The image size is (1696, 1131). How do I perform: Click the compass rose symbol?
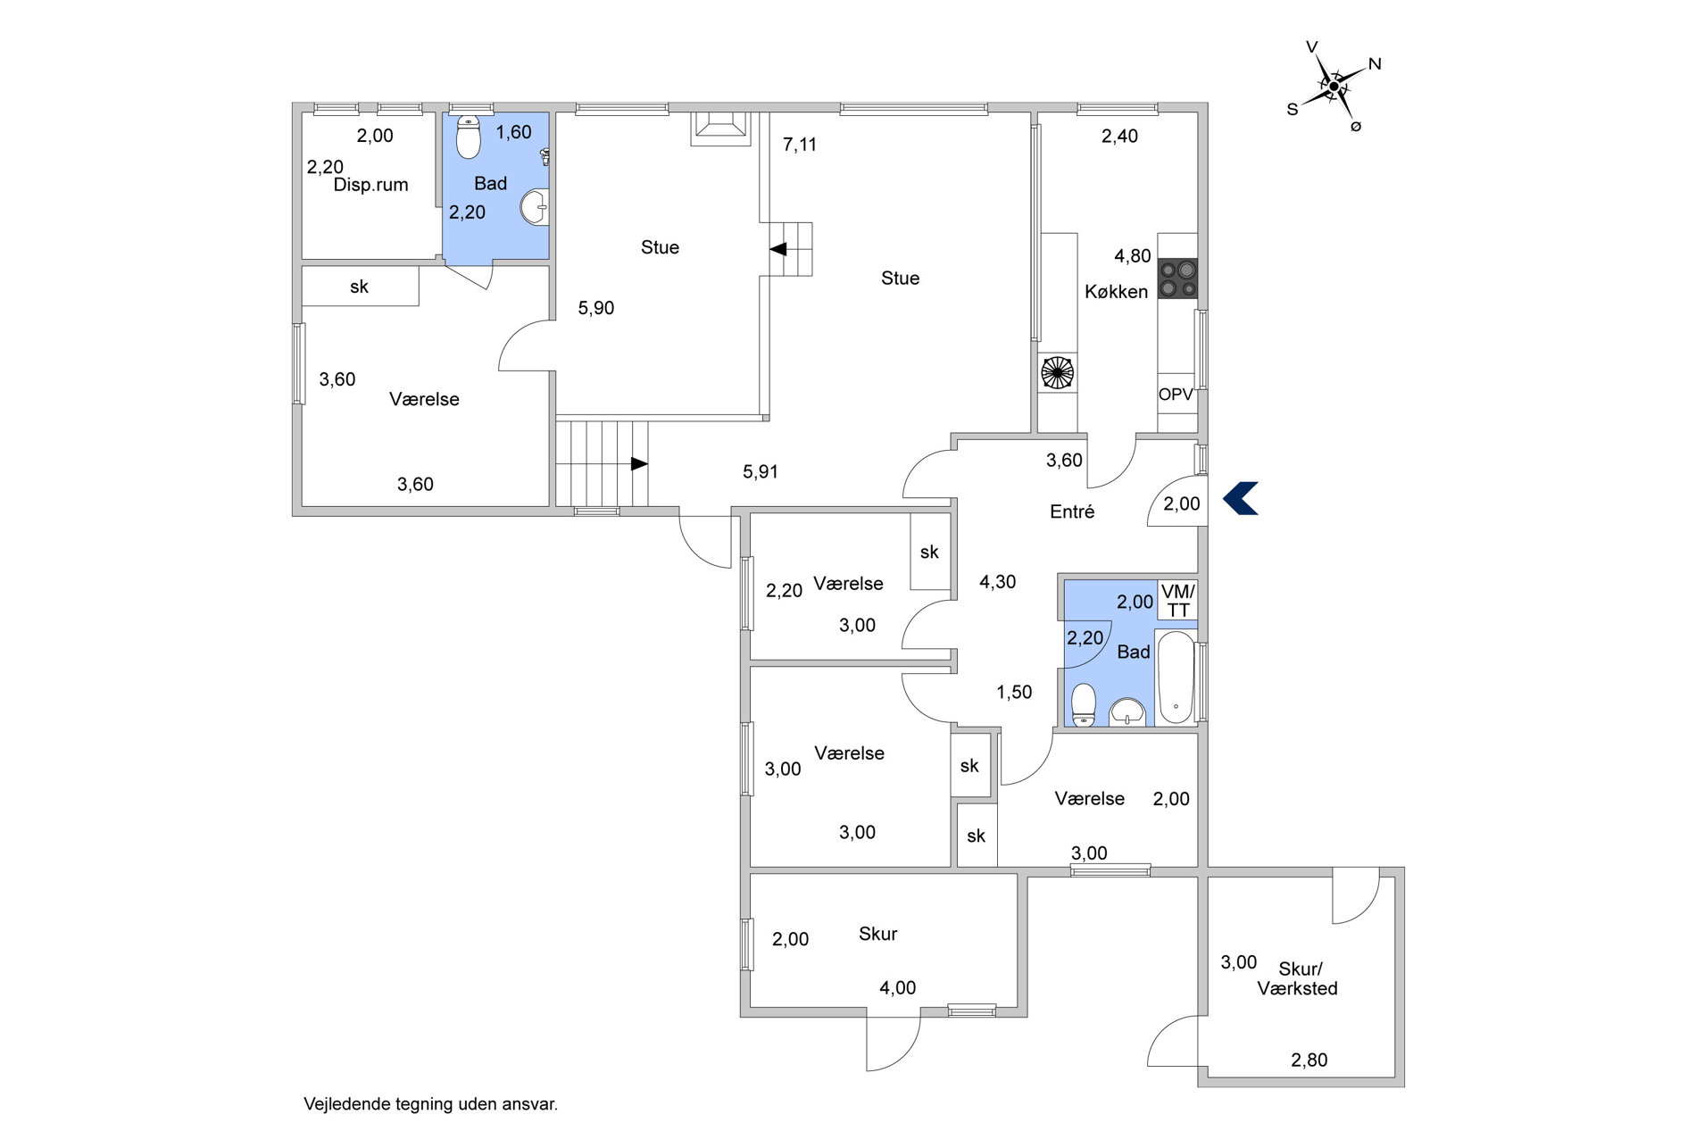coord(1334,87)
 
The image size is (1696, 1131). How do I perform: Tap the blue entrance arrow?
coord(1240,498)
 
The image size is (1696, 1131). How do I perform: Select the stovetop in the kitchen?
coord(1177,278)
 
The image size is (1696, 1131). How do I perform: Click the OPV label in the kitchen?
coord(1176,394)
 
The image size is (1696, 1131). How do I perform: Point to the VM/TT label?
coord(1178,601)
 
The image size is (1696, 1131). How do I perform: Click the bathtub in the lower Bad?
coord(1176,678)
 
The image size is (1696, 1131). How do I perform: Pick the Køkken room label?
coord(1116,292)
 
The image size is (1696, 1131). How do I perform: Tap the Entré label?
coord(1072,511)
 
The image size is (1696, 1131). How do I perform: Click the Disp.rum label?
coord(370,186)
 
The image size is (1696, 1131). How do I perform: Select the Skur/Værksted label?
coord(1298,978)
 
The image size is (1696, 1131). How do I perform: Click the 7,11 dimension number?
coord(800,145)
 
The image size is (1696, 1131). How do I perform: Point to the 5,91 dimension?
coord(761,472)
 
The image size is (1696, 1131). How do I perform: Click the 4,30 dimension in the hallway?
coord(998,582)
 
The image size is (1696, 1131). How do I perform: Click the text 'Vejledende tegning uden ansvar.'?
coord(430,1104)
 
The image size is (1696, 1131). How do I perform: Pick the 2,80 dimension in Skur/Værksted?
coord(1309,1060)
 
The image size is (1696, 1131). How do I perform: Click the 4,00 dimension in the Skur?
coord(898,988)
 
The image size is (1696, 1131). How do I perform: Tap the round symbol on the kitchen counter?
coord(1058,372)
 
